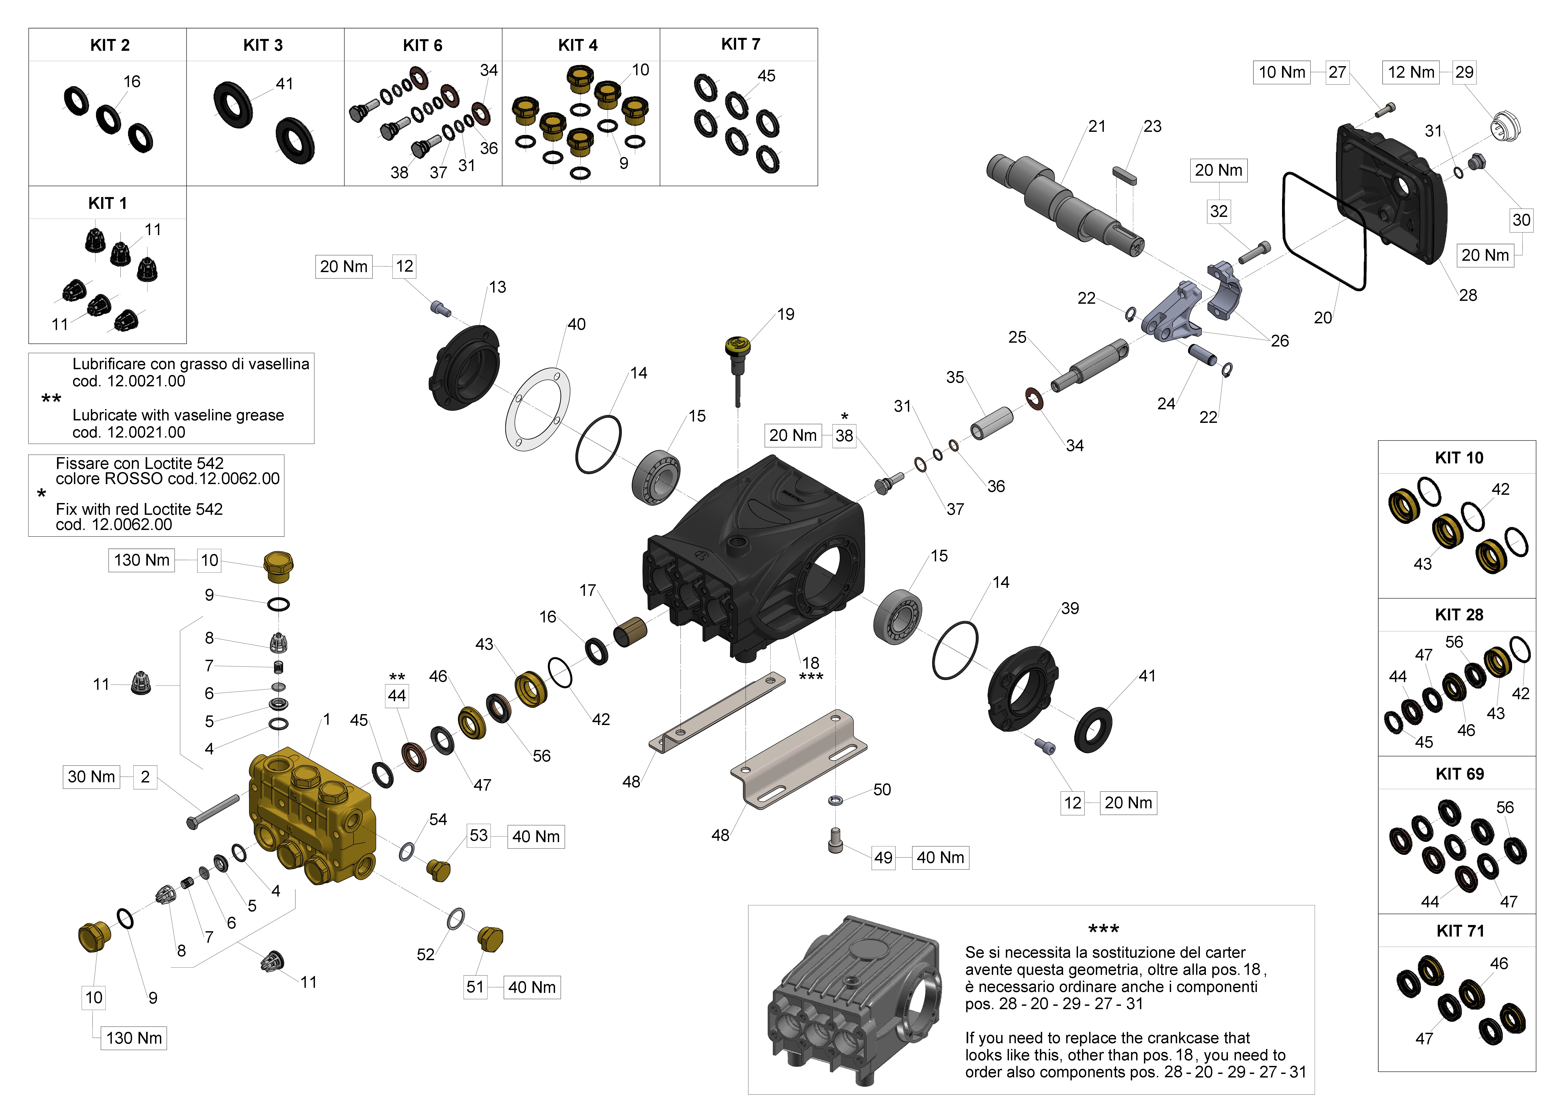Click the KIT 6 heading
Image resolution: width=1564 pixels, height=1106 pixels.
tap(422, 46)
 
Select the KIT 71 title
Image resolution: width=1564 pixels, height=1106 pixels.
tap(1459, 931)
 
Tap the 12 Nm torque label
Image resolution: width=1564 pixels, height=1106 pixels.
tap(1411, 72)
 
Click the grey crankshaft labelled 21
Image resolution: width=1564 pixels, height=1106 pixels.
tap(1063, 204)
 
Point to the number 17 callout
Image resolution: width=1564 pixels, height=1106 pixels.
tap(587, 591)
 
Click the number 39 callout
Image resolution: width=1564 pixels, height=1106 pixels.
tap(1070, 608)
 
